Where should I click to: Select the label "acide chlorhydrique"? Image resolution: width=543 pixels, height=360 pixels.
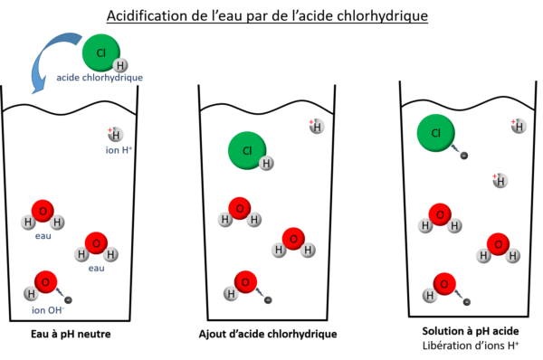tap(99, 78)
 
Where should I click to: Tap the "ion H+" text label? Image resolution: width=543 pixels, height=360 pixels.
tap(119, 149)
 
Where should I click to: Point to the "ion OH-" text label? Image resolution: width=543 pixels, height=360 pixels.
tap(48, 310)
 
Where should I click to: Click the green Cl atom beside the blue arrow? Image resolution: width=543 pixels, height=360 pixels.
tap(100, 52)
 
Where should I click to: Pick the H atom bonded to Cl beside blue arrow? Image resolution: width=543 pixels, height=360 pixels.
tap(120, 65)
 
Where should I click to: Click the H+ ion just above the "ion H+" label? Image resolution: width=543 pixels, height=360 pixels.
tap(116, 134)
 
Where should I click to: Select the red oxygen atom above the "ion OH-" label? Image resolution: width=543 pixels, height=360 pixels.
tap(45, 281)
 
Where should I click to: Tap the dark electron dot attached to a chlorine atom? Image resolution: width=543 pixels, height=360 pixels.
tap(463, 156)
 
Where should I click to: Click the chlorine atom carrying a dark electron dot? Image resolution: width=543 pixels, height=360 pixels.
tap(435, 133)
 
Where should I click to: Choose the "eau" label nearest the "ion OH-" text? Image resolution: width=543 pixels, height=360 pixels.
tap(96, 269)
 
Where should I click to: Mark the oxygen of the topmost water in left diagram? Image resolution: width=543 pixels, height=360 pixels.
tap(43, 211)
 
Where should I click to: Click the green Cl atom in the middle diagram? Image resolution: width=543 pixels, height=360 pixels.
tap(246, 150)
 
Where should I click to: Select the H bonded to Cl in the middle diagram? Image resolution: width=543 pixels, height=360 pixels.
tap(266, 164)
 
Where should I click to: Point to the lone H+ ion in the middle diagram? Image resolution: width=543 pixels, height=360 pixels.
tap(317, 126)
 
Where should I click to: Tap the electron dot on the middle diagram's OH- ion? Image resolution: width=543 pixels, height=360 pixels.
tap(268, 299)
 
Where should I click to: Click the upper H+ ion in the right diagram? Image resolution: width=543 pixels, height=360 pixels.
tap(519, 126)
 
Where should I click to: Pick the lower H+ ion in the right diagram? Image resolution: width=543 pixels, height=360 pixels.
tap(500, 181)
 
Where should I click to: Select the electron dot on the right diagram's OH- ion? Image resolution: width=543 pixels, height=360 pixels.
tap(467, 301)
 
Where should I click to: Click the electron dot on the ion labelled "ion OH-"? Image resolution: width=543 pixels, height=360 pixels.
tap(68, 299)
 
